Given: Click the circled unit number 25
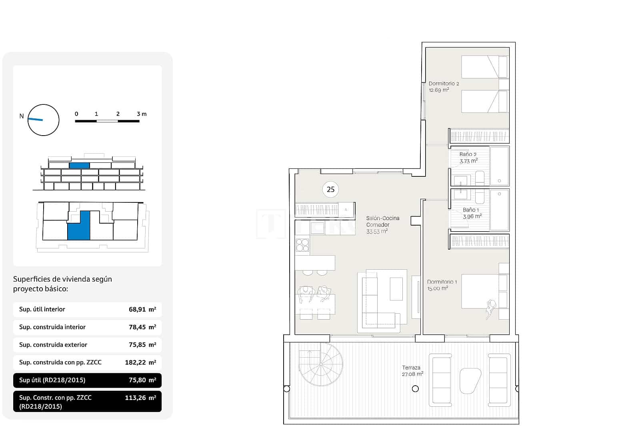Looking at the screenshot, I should click(x=330, y=189).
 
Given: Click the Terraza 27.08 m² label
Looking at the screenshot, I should click(x=412, y=371).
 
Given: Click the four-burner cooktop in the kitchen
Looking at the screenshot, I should click(x=302, y=244).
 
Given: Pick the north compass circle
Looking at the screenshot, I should click(x=43, y=120).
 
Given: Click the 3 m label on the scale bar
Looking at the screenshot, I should click(x=142, y=114).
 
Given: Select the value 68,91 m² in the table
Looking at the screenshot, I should click(x=142, y=309).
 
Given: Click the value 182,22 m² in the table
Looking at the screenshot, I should click(x=140, y=362).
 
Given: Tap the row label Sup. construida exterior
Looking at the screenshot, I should click(x=53, y=344).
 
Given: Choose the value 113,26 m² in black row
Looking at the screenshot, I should click(x=140, y=398).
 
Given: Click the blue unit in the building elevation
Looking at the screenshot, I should click(x=79, y=165).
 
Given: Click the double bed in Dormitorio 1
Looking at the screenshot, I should click(x=480, y=291).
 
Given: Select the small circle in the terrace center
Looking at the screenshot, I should click(x=415, y=388).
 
